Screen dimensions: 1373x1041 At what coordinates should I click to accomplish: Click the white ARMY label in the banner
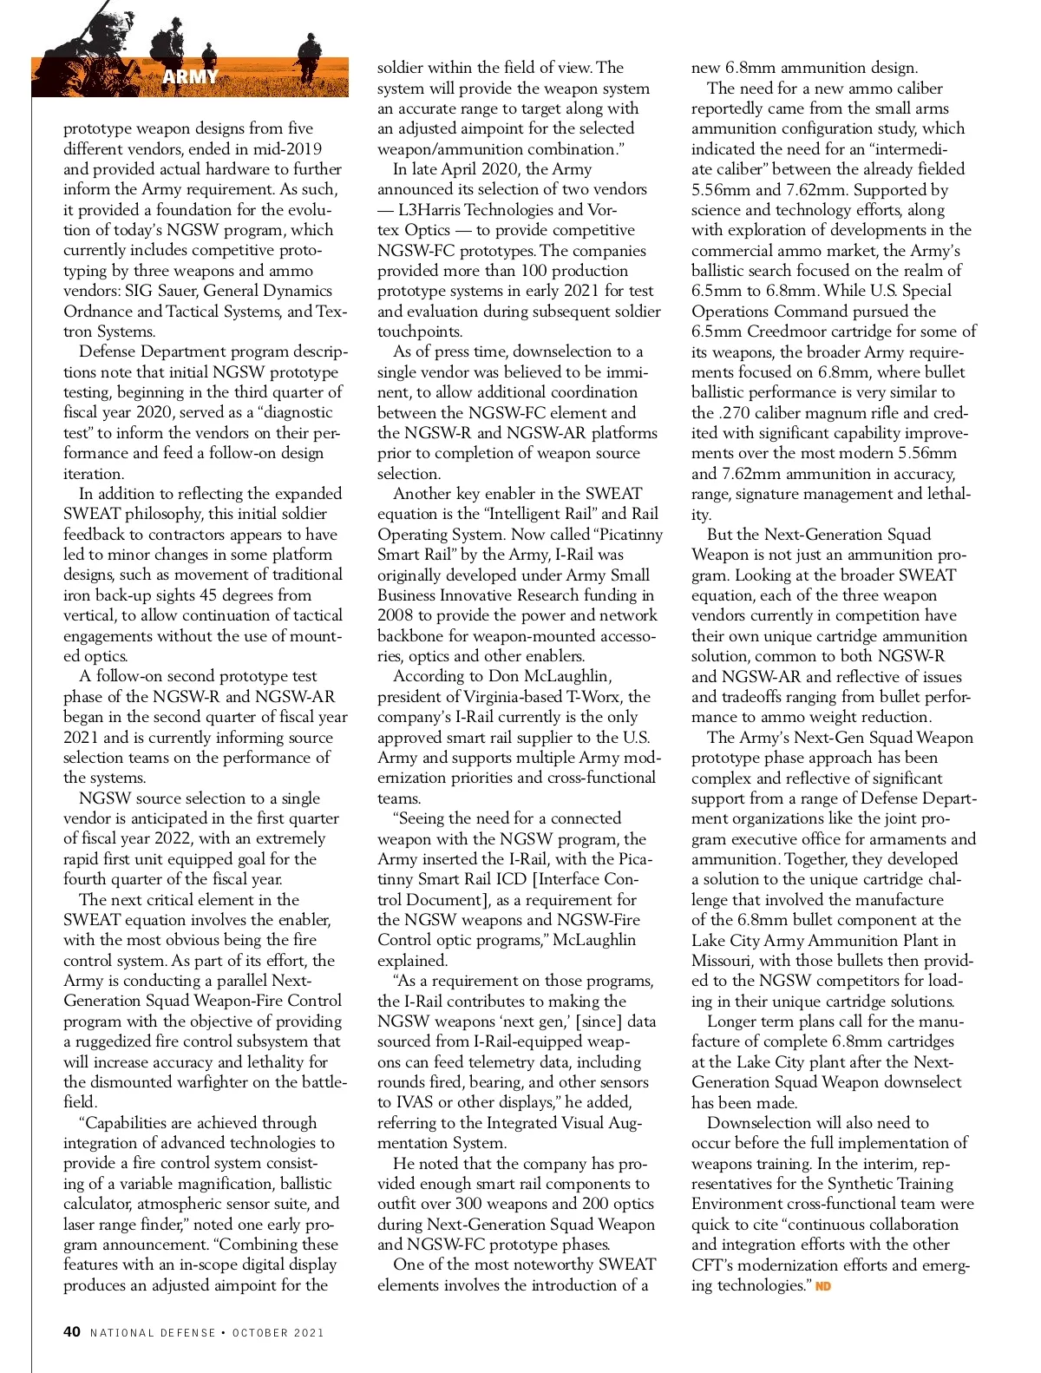[190, 76]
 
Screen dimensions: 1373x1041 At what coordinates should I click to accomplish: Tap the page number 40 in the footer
[72, 1331]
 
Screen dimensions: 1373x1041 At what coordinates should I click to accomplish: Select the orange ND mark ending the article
[823, 1286]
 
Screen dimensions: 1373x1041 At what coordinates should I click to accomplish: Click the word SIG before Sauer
[140, 291]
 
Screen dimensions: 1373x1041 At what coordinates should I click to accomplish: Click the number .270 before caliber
[733, 413]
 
